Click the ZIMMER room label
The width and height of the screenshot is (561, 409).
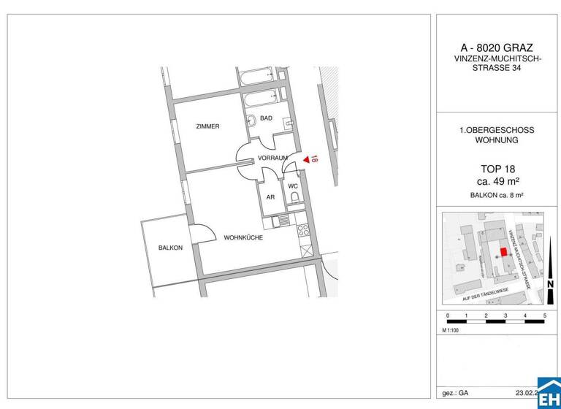click(x=207, y=126)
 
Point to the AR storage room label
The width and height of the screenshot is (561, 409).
click(x=270, y=197)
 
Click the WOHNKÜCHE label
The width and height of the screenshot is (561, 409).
click(x=243, y=237)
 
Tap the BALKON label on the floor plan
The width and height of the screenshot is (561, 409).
click(x=169, y=248)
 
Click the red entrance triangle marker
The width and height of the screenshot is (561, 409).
click(x=305, y=158)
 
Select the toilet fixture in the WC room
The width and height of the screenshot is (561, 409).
click(x=294, y=196)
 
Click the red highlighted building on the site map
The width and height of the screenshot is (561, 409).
click(x=503, y=252)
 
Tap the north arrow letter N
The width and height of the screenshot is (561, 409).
click(x=549, y=284)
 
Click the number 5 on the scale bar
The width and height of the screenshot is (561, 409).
click(x=544, y=315)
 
